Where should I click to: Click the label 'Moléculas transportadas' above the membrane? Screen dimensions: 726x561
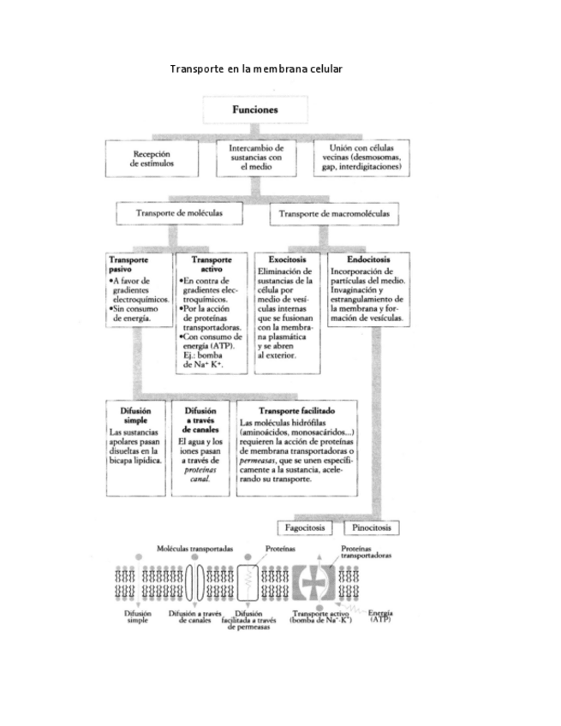pos(194,548)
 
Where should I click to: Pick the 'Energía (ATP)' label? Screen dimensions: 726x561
pos(381,616)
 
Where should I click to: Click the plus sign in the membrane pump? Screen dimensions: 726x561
pos(313,585)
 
